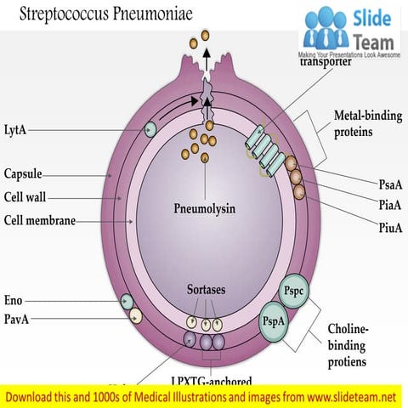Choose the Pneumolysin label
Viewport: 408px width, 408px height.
click(x=203, y=207)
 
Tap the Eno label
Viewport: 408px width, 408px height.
click(x=14, y=300)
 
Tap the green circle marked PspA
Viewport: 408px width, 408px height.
click(x=275, y=323)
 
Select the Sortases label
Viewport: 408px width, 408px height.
click(x=206, y=290)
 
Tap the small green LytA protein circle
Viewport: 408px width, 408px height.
click(x=150, y=129)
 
